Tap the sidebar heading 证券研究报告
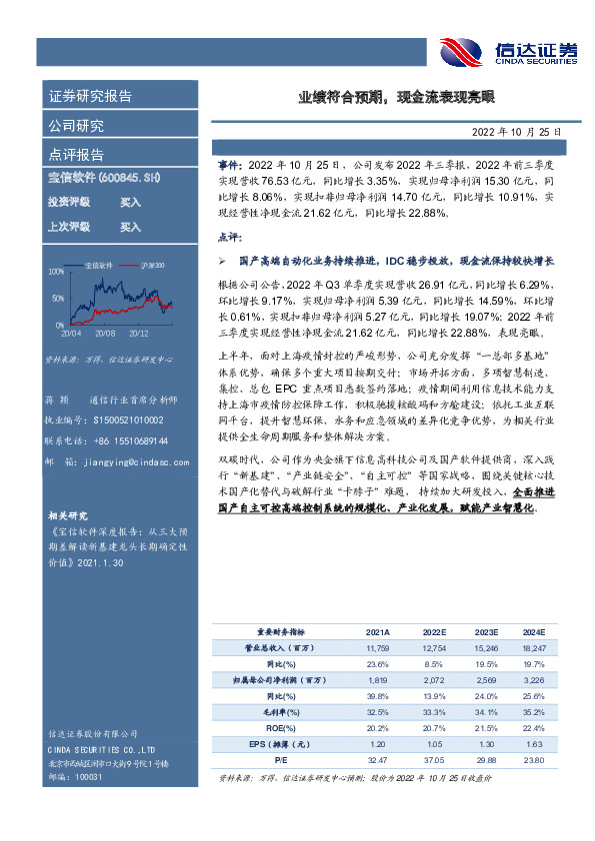90,97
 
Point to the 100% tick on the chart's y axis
56,271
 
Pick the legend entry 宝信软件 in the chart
99,265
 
